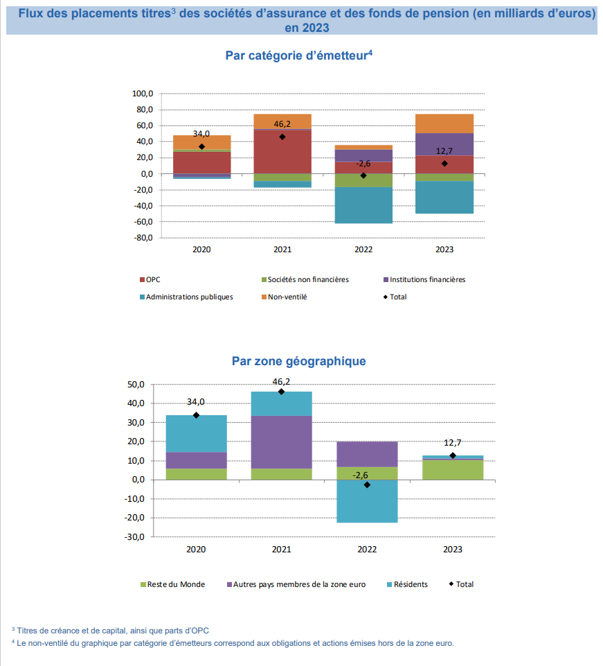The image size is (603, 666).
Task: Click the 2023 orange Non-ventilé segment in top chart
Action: (444, 123)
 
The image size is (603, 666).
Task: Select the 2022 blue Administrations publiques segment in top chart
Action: (363, 205)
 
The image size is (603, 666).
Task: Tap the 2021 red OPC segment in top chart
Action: (282, 152)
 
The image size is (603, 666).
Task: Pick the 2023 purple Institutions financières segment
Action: (444, 144)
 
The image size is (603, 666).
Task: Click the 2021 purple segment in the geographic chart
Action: (281, 442)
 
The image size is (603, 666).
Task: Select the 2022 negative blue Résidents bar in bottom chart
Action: (367, 501)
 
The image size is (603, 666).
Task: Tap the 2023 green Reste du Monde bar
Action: (453, 470)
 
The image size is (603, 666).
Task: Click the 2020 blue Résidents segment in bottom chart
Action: (196, 434)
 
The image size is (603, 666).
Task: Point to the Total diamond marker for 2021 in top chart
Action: (282, 137)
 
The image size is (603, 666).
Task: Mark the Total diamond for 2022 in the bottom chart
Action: (367, 484)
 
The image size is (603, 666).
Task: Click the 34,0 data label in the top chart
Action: (201, 134)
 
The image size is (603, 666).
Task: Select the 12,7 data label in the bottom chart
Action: (452, 443)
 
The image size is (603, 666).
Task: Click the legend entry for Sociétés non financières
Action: (305, 279)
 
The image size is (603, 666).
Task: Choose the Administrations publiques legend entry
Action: (186, 297)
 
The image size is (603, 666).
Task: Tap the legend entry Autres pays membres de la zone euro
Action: (296, 584)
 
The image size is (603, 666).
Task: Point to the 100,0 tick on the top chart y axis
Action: (143, 94)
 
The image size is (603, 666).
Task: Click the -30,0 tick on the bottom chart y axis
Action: (134, 537)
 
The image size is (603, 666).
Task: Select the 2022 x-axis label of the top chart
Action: (363, 249)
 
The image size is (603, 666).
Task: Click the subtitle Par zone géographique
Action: (299, 361)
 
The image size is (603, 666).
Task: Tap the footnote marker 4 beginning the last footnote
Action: (13, 641)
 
